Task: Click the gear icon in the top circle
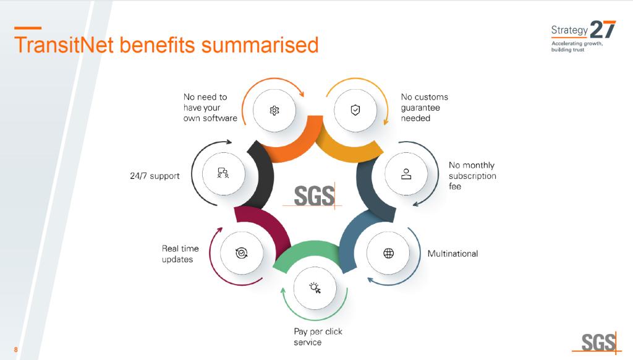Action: pyautogui.click(x=274, y=110)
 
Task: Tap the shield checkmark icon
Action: pyautogui.click(x=355, y=110)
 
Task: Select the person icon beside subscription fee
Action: pyautogui.click(x=406, y=173)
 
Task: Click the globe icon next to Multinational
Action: pyautogui.click(x=388, y=253)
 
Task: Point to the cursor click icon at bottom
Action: pyautogui.click(x=315, y=287)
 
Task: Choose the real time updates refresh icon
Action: pyautogui.click(x=242, y=252)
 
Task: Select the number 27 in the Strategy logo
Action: pyautogui.click(x=603, y=30)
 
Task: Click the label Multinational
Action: pyautogui.click(x=452, y=254)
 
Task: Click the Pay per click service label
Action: pyautogui.click(x=318, y=336)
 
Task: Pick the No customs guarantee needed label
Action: pyautogui.click(x=424, y=107)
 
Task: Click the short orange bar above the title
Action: pyautogui.click(x=27, y=28)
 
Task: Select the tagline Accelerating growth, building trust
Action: pyautogui.click(x=577, y=46)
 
